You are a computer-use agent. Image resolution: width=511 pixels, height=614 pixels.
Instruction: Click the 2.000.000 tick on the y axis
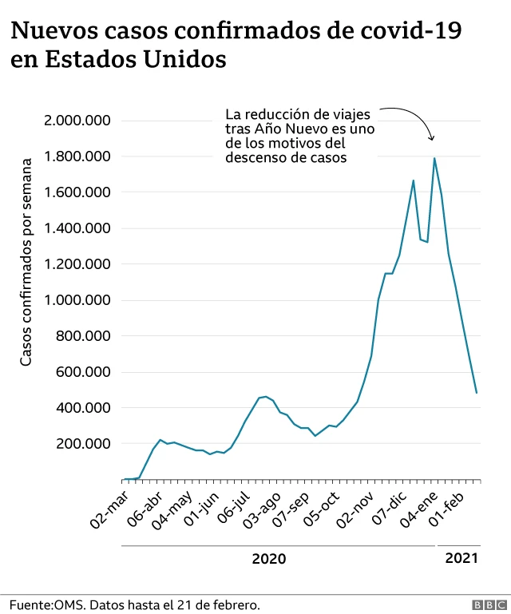77,121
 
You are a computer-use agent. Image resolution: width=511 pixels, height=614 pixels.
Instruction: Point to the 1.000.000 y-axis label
77,300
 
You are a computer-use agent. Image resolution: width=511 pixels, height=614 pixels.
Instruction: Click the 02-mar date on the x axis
111,507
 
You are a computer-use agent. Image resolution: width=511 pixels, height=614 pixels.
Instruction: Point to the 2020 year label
268,559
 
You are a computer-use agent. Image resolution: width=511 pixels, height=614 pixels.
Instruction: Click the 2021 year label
461,558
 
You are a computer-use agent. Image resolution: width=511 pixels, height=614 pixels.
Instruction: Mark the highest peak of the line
434,158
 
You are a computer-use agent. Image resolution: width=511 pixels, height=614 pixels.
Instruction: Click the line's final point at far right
477,392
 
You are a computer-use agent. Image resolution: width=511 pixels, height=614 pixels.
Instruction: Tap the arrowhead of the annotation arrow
432,138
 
